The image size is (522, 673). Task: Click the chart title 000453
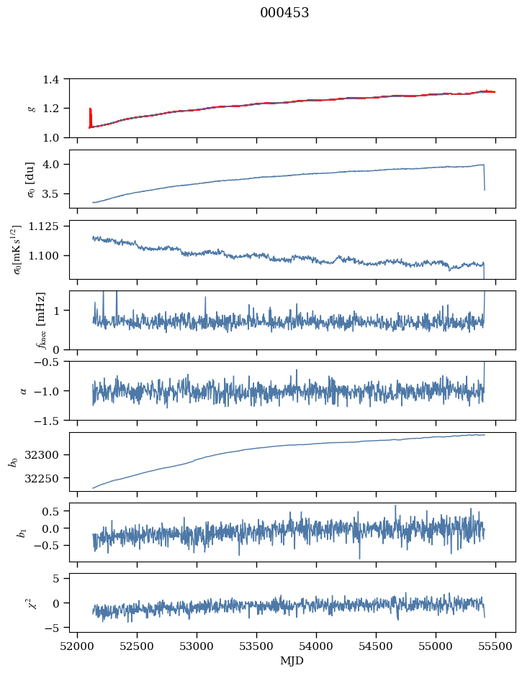pyautogui.click(x=284, y=13)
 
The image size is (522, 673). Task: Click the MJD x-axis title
pyautogui.click(x=292, y=661)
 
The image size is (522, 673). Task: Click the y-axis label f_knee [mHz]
pyautogui.click(x=40, y=321)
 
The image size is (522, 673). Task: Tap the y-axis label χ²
pyautogui.click(x=32, y=603)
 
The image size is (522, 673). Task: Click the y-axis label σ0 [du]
pyautogui.click(x=30, y=179)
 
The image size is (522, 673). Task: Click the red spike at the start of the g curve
pyautogui.click(x=90, y=118)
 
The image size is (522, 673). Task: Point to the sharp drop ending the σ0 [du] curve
pyautogui.click(x=484, y=178)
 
